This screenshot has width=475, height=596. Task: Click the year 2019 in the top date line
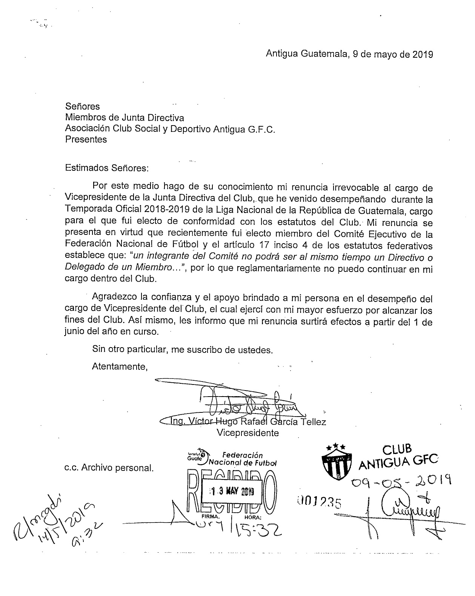click(x=422, y=54)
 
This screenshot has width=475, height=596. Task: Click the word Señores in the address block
click(x=82, y=107)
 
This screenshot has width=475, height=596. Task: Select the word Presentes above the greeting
click(x=86, y=139)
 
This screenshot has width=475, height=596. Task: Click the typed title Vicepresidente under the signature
click(x=248, y=433)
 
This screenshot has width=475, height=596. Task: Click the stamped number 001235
click(x=319, y=502)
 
